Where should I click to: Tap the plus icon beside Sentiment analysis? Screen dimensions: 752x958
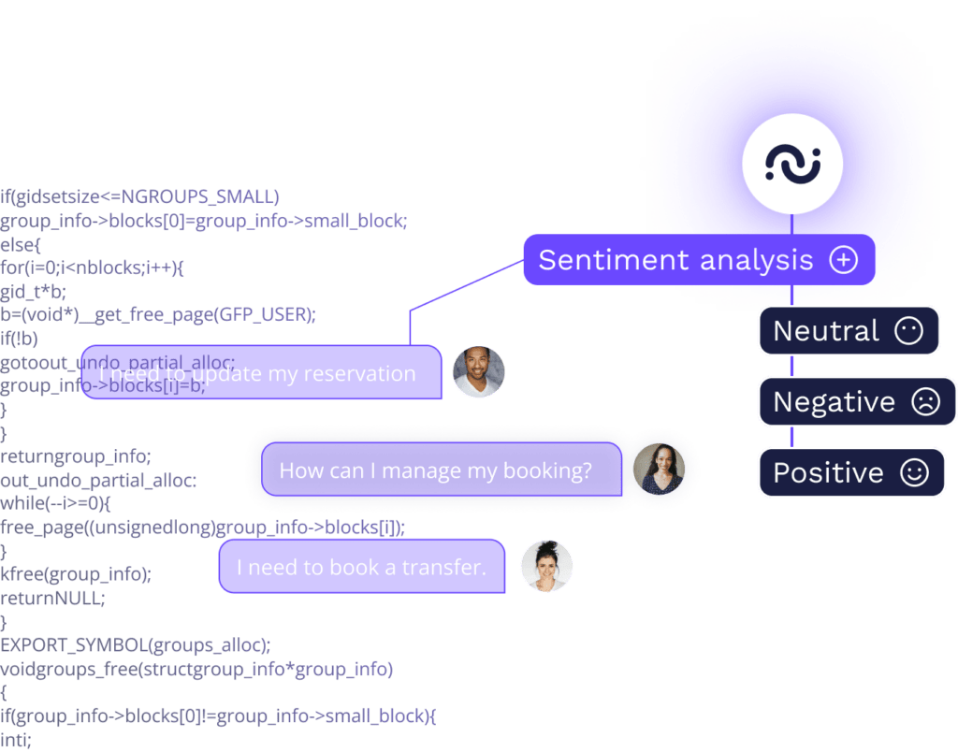click(x=843, y=259)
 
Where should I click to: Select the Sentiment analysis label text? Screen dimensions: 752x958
click(x=675, y=259)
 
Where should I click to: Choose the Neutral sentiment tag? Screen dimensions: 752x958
click(x=849, y=330)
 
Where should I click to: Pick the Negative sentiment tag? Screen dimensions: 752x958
click(x=856, y=401)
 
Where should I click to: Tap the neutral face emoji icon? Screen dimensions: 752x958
click(x=908, y=330)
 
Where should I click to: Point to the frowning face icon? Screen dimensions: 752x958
click(x=924, y=402)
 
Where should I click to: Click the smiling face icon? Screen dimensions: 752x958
click(x=913, y=472)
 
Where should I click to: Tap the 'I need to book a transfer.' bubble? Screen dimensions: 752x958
click(x=361, y=567)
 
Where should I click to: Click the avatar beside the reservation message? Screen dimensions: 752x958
click(x=478, y=372)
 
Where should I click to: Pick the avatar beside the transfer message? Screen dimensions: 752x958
click(x=546, y=566)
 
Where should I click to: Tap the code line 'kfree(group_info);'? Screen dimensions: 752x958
click(x=76, y=573)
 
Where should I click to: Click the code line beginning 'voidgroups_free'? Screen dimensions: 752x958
click(x=196, y=669)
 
